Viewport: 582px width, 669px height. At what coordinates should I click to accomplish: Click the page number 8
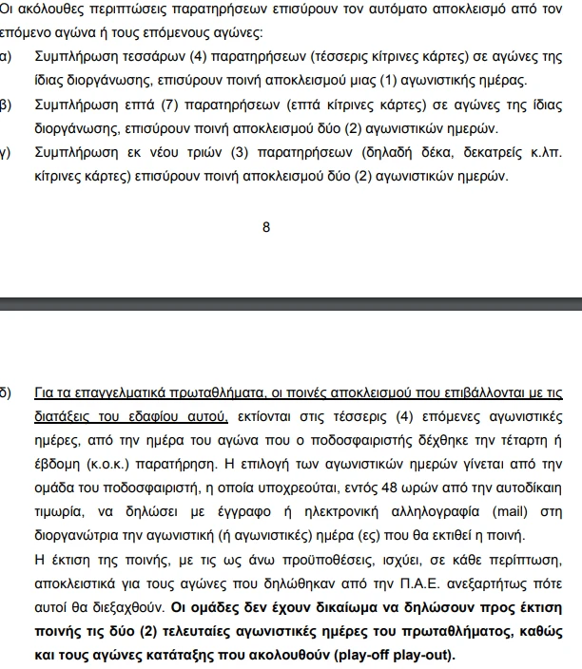click(266, 227)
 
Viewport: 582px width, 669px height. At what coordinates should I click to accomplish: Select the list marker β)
click(6, 104)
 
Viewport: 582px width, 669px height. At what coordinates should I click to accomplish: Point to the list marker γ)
click(6, 151)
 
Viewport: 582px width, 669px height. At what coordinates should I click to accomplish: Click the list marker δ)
click(6, 392)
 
